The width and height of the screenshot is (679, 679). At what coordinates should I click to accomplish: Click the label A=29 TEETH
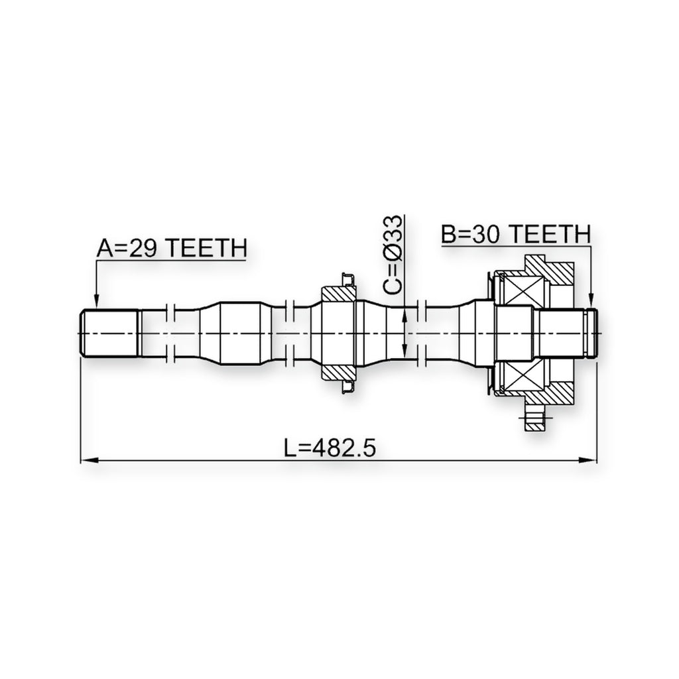pos(172,249)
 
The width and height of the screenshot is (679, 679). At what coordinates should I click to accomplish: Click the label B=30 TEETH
pos(516,234)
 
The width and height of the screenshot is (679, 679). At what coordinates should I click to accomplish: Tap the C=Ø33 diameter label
pos(393,255)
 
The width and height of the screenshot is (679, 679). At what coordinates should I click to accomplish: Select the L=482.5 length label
pos(330,448)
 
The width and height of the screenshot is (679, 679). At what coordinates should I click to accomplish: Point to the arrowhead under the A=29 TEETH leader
pos(96,302)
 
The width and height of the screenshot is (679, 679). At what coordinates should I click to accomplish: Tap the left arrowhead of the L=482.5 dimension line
pos(88,460)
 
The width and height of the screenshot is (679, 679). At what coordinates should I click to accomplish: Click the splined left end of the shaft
pos(109,333)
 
